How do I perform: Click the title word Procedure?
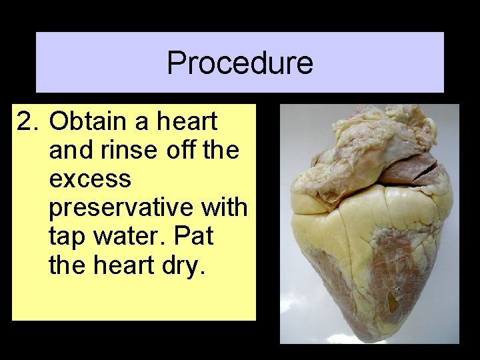click(239, 63)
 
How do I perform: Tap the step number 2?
click(25, 122)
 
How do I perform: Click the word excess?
click(90, 179)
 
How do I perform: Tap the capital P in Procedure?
click(175, 63)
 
